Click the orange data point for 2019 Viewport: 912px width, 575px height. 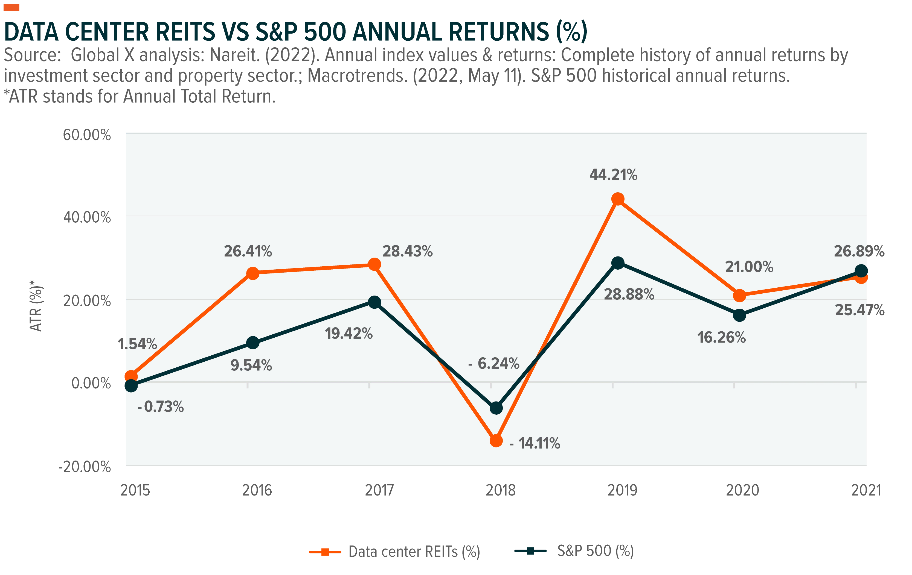618,199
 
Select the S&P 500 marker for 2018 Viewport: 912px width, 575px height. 496,408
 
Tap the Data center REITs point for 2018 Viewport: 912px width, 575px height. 496,441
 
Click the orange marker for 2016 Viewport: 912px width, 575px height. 252,273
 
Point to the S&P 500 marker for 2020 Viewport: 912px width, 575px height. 739,315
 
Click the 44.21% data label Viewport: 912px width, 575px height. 614,175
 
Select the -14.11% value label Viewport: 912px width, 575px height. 535,443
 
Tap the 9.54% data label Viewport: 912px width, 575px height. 251,365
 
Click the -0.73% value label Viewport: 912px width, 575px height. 161,407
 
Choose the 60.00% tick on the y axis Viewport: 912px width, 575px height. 87,135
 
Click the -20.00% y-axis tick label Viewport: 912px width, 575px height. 85,467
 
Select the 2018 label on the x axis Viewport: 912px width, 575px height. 500,490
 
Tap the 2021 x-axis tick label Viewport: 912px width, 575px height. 866,490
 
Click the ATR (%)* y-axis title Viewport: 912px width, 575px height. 37,306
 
